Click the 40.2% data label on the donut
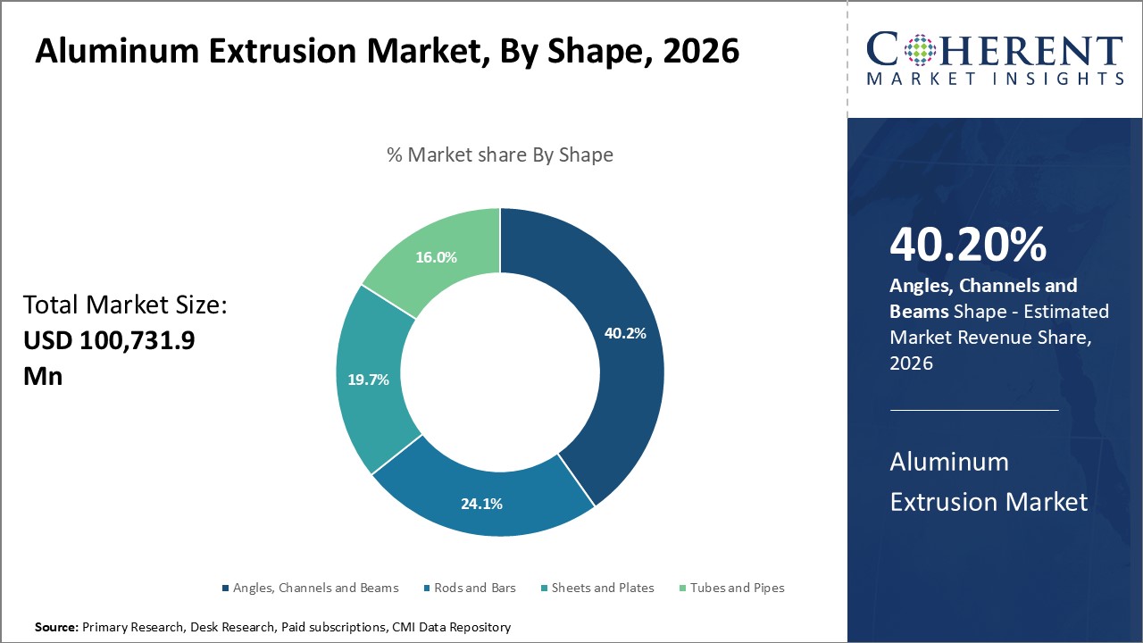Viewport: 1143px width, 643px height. [625, 333]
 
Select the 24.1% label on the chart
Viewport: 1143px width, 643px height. [481, 504]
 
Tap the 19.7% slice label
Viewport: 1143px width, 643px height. [368, 380]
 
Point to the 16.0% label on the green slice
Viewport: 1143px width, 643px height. [436, 257]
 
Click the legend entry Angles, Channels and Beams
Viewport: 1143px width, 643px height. [315, 588]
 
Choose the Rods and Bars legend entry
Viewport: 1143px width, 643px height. [474, 588]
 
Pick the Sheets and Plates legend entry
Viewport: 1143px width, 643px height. [603, 588]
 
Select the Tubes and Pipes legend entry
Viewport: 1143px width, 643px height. [737, 588]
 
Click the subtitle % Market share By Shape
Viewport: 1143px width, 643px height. [500, 154]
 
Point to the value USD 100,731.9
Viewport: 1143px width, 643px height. [109, 341]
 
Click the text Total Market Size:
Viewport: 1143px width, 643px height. [126, 306]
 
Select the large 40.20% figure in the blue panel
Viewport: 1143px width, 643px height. [968, 246]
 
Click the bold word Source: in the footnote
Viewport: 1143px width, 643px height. [56, 628]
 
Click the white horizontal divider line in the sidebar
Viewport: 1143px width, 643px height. [973, 410]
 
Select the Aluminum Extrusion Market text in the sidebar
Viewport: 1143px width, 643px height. [989, 481]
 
